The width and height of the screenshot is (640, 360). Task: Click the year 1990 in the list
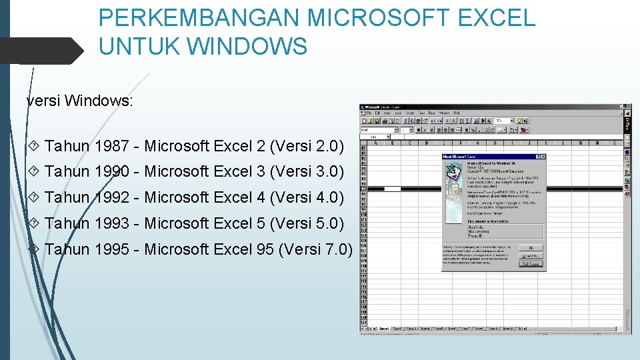[x=112, y=171]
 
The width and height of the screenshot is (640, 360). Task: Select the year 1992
[x=112, y=197]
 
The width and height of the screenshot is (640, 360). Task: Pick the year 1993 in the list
[x=112, y=223]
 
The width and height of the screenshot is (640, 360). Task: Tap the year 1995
[x=112, y=249]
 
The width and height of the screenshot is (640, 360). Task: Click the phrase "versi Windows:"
[x=80, y=102]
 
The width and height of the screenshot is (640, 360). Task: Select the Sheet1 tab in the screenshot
[x=385, y=328]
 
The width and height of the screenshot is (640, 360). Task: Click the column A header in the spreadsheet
[x=376, y=142]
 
